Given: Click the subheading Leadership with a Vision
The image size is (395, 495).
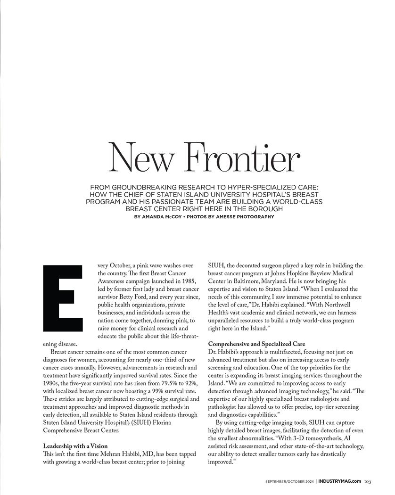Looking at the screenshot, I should coord(75,445).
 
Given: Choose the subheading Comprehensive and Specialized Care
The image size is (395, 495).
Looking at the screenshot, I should coord(256,344).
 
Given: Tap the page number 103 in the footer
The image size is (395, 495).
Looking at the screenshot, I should coord(368,481).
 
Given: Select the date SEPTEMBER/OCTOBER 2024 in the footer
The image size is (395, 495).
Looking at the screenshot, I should coord(289,481).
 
